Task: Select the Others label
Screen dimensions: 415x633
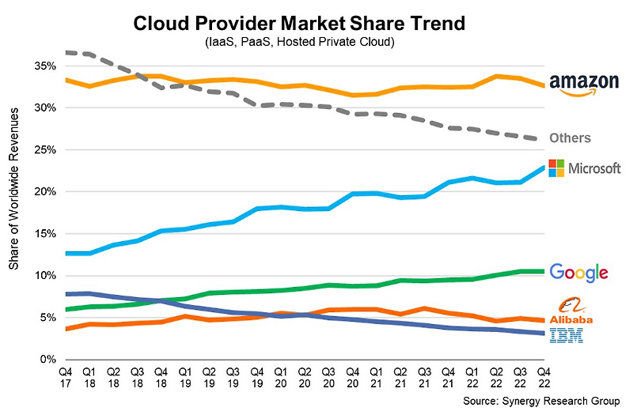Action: [571, 138]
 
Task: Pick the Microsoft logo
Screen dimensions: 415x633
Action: [585, 168]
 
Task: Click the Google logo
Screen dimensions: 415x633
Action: [579, 273]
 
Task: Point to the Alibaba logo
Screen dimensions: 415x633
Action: [581, 311]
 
